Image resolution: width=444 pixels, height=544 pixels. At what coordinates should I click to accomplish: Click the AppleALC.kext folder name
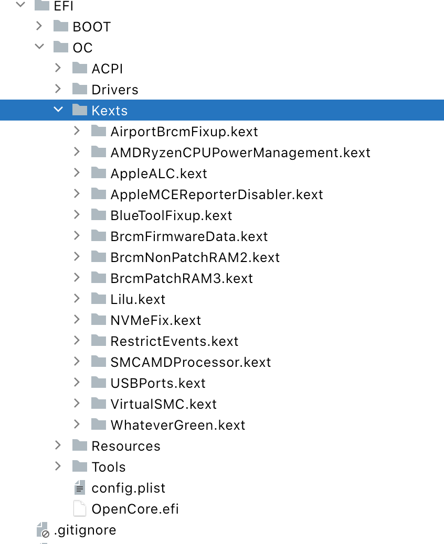(x=158, y=173)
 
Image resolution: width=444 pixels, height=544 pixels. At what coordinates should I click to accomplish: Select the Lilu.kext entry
(x=138, y=299)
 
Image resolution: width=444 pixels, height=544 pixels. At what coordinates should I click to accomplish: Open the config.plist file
(x=128, y=488)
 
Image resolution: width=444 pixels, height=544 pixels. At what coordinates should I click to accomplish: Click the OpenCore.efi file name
(x=135, y=509)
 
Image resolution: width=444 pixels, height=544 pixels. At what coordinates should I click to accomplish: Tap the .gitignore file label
(x=84, y=530)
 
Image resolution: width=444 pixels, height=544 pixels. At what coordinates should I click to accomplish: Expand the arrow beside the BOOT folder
(x=39, y=26)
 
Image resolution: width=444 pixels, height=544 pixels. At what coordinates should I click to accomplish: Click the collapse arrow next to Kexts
(x=58, y=110)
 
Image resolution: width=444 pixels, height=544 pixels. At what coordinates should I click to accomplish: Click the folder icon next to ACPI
(x=80, y=68)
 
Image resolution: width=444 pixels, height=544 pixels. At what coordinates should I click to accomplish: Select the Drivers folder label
(x=114, y=90)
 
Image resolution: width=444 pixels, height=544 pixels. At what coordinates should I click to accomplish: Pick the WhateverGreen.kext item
(x=177, y=425)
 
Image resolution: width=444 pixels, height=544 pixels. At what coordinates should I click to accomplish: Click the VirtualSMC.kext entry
(x=163, y=404)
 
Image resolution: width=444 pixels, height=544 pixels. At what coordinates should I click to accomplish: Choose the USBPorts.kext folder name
(x=157, y=383)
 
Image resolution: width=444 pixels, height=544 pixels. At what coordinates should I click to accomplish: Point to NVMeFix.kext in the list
(x=155, y=320)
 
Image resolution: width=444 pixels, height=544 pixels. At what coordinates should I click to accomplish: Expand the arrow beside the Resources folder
(x=58, y=445)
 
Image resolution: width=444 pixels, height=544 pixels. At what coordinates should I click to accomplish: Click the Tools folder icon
(x=80, y=466)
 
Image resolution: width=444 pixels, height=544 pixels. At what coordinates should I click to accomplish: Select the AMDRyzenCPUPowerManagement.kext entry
(x=240, y=153)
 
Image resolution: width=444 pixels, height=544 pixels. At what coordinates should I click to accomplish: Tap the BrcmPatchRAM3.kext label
(x=182, y=278)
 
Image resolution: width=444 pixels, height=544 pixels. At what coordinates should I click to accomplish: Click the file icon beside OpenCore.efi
(x=79, y=508)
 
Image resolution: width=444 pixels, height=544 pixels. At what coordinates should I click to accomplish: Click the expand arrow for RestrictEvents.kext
(x=77, y=341)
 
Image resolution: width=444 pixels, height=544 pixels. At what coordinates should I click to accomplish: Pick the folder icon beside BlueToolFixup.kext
(x=99, y=215)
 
